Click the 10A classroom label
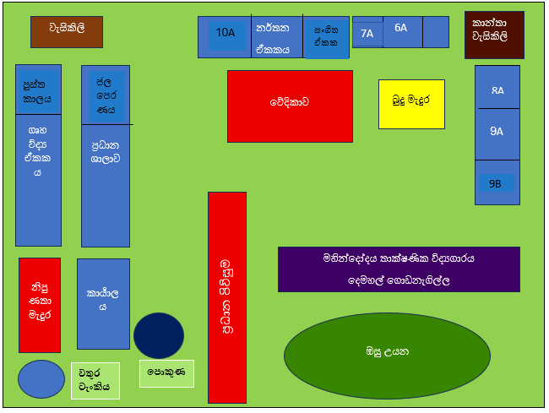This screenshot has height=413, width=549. click(225, 33)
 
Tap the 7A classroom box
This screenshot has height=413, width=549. click(367, 34)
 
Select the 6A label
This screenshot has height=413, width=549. click(400, 28)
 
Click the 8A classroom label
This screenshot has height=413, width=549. click(497, 90)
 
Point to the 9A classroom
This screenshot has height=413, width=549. click(497, 131)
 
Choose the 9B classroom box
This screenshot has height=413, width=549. click(497, 182)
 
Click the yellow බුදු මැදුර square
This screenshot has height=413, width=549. click(411, 104)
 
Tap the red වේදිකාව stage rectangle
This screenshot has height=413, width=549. click(290, 106)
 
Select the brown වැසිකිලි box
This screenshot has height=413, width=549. click(67, 32)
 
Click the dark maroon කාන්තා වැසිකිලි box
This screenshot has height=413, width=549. click(494, 35)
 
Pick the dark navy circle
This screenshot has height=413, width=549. click(159, 335)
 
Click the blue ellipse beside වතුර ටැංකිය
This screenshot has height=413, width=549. click(41, 378)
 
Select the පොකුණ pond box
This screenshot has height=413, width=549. click(166, 372)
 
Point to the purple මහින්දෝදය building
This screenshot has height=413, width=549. click(399, 269)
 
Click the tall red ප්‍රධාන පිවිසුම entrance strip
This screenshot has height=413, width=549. click(227, 297)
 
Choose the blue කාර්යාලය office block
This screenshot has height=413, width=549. click(104, 303)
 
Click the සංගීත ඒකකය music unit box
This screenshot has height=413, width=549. click(326, 37)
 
